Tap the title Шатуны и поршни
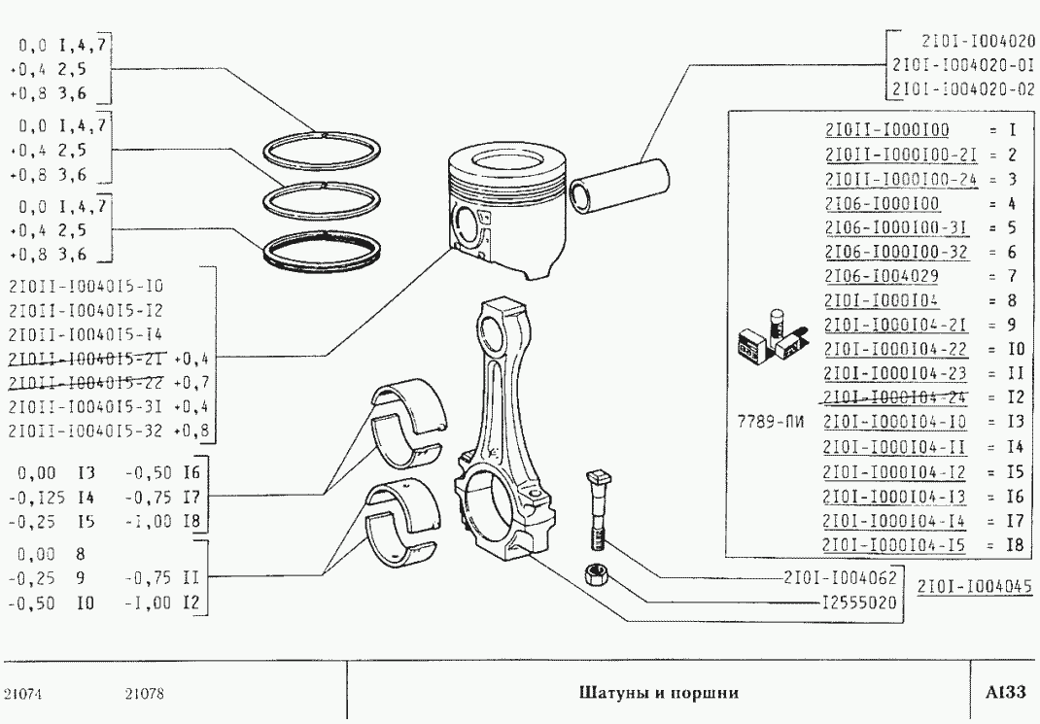(658, 693)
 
